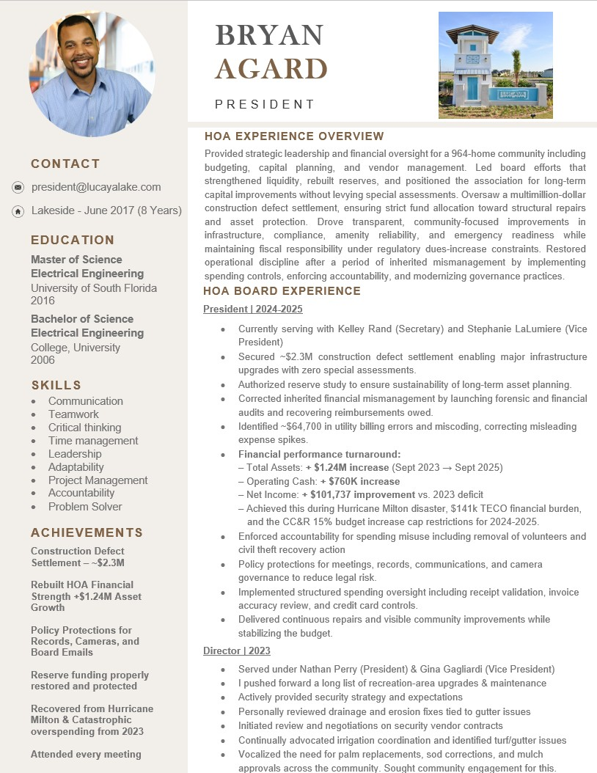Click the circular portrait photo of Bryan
[92, 74]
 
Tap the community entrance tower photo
[495, 65]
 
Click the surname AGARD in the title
[271, 69]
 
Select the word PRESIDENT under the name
[265, 104]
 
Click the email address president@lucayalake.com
[96, 187]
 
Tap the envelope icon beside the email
[18, 188]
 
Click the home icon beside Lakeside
[18, 211]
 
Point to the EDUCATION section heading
[73, 240]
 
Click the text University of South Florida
[94, 287]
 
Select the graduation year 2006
[43, 359]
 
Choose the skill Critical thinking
[85, 428]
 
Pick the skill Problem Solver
[85, 507]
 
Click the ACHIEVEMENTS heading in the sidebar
[87, 532]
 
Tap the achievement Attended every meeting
[86, 754]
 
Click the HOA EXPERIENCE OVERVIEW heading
[294, 136]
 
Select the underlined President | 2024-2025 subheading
[253, 309]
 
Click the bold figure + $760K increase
[360, 481]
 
